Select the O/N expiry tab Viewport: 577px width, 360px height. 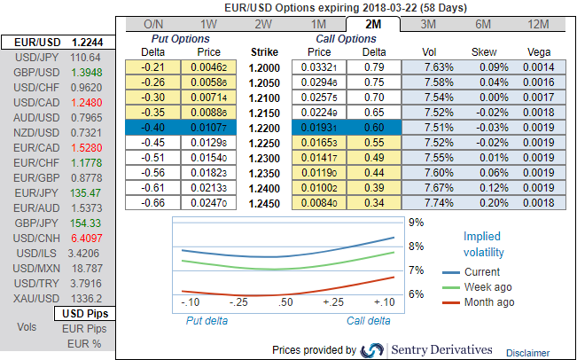(x=152, y=24)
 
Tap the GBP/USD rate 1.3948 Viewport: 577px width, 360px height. (x=87, y=72)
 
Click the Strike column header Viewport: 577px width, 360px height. (x=266, y=51)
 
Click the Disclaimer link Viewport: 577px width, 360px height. (x=527, y=352)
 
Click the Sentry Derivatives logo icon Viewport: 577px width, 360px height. (x=373, y=350)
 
